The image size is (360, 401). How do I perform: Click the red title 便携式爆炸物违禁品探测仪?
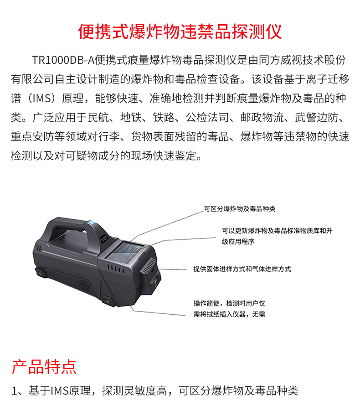coord(180,31)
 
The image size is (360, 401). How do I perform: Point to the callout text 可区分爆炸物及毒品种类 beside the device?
coord(239,209)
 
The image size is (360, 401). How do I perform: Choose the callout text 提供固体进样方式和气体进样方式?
coord(242,269)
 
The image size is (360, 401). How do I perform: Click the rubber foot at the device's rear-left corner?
coord(41,274)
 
